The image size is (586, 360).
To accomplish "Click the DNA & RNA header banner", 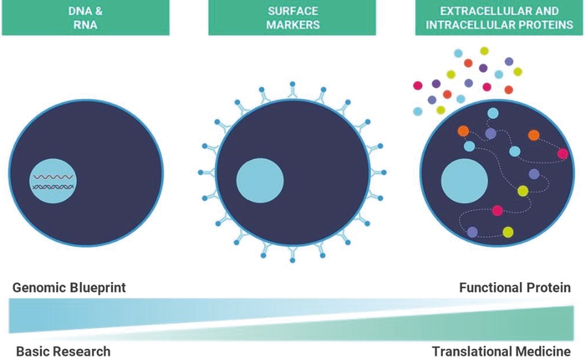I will click(x=85, y=18).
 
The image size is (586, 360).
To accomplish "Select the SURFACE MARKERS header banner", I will click(x=292, y=18).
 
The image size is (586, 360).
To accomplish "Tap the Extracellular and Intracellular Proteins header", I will click(x=499, y=18).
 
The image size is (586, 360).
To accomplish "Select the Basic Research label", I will click(x=63, y=351).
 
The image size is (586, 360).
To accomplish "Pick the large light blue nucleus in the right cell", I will click(x=464, y=181).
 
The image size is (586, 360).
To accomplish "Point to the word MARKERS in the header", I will click(x=292, y=25).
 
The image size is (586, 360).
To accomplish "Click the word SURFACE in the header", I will click(x=292, y=11).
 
